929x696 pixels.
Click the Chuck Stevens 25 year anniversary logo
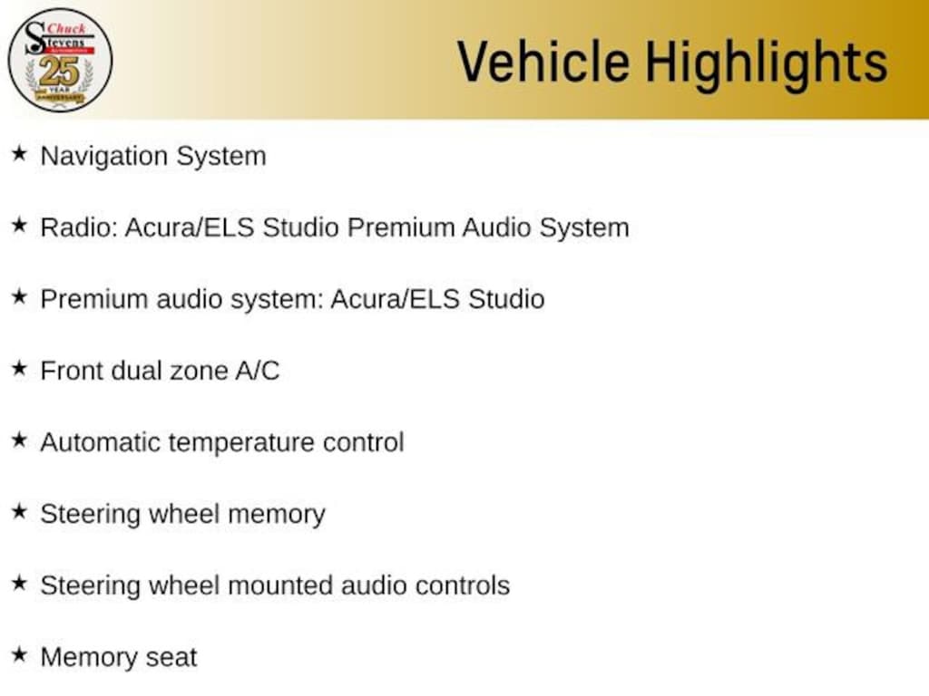pyautogui.click(x=60, y=60)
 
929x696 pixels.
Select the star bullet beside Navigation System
pyautogui.click(x=18, y=154)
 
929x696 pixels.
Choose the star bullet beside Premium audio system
pyautogui.click(x=18, y=297)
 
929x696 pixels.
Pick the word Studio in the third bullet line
pyautogui.click(x=506, y=299)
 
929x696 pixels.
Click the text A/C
pyautogui.click(x=257, y=371)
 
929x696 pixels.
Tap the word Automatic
pyautogui.click(x=100, y=442)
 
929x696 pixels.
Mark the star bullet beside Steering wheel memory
pyautogui.click(x=18, y=512)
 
